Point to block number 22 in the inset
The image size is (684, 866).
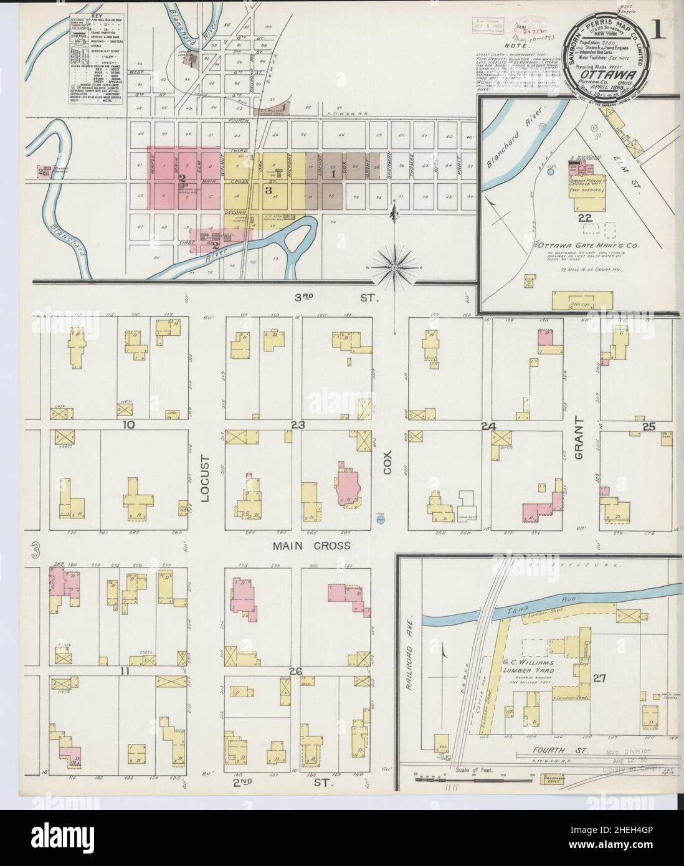click(x=584, y=217)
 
